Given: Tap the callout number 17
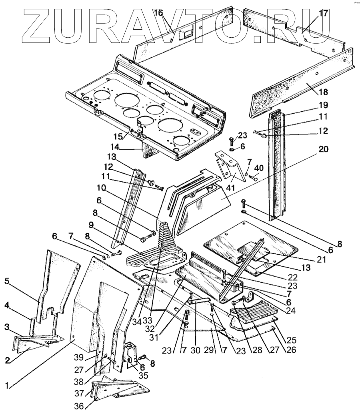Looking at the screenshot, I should pos(323,13).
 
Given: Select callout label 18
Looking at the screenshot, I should pos(323,92).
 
